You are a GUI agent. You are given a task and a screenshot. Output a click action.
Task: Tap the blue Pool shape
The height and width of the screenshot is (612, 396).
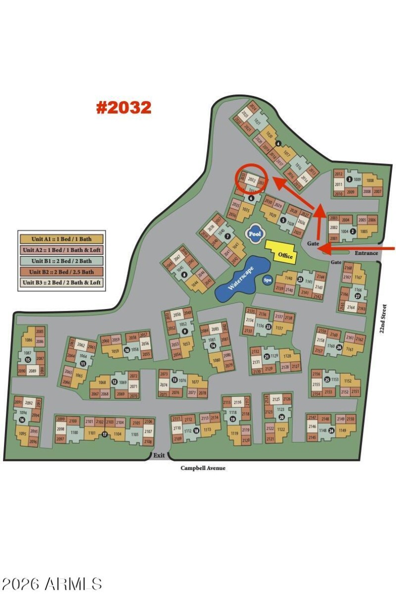click(254, 234)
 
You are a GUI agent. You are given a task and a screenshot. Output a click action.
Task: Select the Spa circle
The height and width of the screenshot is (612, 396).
click(267, 280)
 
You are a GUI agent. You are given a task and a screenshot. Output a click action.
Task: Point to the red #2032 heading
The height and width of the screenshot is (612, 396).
click(123, 107)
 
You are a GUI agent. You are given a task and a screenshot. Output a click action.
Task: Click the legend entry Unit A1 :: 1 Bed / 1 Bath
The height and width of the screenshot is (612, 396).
click(61, 239)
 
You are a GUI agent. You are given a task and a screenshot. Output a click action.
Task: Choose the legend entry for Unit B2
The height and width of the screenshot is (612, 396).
click(61, 272)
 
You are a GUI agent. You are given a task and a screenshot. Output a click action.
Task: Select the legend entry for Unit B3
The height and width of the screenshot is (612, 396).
click(61, 283)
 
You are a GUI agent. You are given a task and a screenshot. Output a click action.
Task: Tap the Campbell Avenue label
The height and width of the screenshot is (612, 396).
click(203, 468)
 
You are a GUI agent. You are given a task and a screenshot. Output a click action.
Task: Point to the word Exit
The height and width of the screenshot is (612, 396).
click(159, 456)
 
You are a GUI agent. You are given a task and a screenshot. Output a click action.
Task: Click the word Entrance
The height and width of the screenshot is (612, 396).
click(366, 253)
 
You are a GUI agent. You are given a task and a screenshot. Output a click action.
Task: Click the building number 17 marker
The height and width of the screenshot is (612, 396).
click(104, 434)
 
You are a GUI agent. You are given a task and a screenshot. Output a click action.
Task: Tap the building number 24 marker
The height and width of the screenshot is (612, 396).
click(331, 430)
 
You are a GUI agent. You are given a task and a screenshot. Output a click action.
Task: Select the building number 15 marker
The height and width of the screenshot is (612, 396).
click(28, 359)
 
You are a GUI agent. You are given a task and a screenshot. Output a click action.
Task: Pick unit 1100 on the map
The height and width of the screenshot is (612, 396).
click(74, 433)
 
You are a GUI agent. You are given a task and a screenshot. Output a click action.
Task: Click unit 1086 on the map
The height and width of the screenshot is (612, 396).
click(28, 340)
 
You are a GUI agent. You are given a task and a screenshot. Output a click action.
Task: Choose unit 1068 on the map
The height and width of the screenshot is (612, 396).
click(102, 382)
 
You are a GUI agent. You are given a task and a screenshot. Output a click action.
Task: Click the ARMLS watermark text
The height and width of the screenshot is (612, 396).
click(51, 584)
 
